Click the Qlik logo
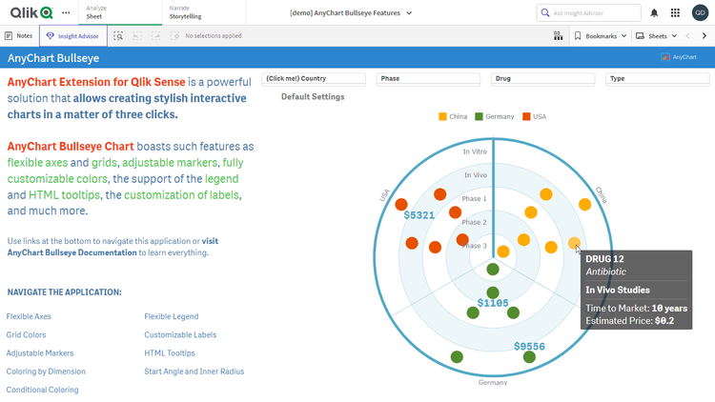point(31,12)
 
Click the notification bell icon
point(654,12)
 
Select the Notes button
point(19,36)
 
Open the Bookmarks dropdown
point(603,36)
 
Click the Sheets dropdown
point(658,36)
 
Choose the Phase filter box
point(431,79)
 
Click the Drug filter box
point(547,79)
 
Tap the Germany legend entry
point(494,116)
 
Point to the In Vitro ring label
point(475,151)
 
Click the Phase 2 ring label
point(475,222)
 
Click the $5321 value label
point(419,215)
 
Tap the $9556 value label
point(529,347)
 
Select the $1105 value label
point(493,303)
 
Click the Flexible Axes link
point(29,316)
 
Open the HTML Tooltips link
point(170,353)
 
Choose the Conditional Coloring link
point(42,390)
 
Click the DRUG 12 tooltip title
point(604,259)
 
